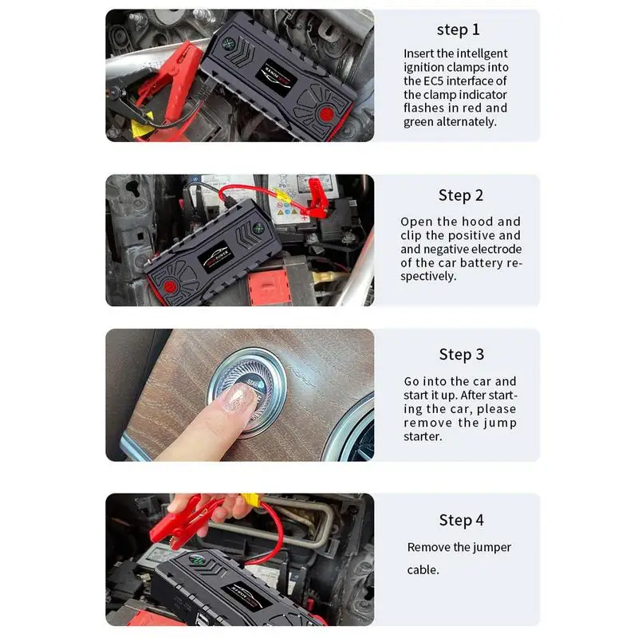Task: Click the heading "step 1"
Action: coord(458,30)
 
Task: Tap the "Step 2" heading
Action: coord(461,195)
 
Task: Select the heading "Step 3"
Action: coord(462,354)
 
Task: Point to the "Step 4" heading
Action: coord(462,520)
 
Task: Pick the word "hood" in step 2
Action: coord(475,222)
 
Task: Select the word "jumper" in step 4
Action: coord(492,548)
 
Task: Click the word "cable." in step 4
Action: coord(423,569)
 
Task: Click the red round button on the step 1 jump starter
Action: coord(326,113)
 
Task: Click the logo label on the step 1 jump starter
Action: coord(278,77)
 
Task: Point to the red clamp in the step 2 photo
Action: coord(317,199)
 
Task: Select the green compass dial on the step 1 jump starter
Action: coord(228,43)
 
